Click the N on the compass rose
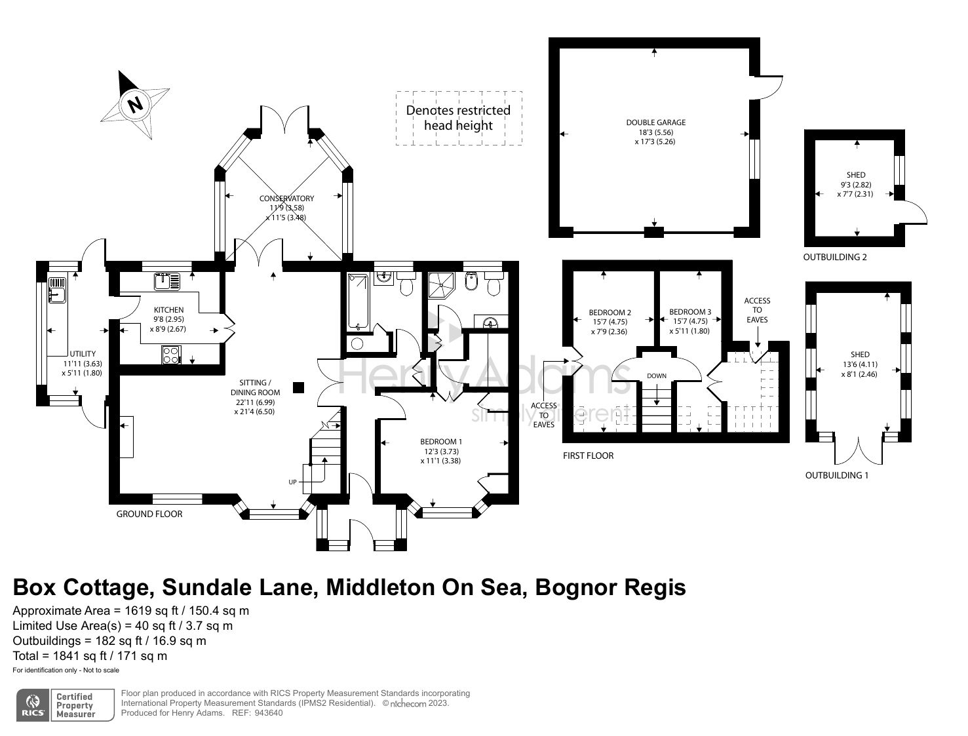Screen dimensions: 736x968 click(136, 104)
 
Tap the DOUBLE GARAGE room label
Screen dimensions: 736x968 click(655, 123)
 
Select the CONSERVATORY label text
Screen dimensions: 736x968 click(286, 199)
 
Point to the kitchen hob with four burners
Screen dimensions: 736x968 click(170, 355)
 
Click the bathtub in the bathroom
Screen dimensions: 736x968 click(358, 301)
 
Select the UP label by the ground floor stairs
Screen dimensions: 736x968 click(292, 482)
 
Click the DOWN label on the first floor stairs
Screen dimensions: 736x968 click(656, 376)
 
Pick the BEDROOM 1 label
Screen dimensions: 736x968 click(441, 442)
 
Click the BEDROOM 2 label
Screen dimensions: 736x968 click(610, 313)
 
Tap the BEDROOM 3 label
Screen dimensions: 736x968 click(690, 313)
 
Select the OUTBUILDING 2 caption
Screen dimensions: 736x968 click(834, 258)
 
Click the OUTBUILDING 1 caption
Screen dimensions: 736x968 click(836, 475)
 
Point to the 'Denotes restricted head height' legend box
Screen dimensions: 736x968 click(459, 118)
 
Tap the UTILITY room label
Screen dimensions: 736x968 click(83, 354)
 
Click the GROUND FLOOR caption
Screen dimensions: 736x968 click(149, 514)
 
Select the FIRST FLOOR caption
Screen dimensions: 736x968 click(588, 455)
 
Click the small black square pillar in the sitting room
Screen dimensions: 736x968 click(299, 387)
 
